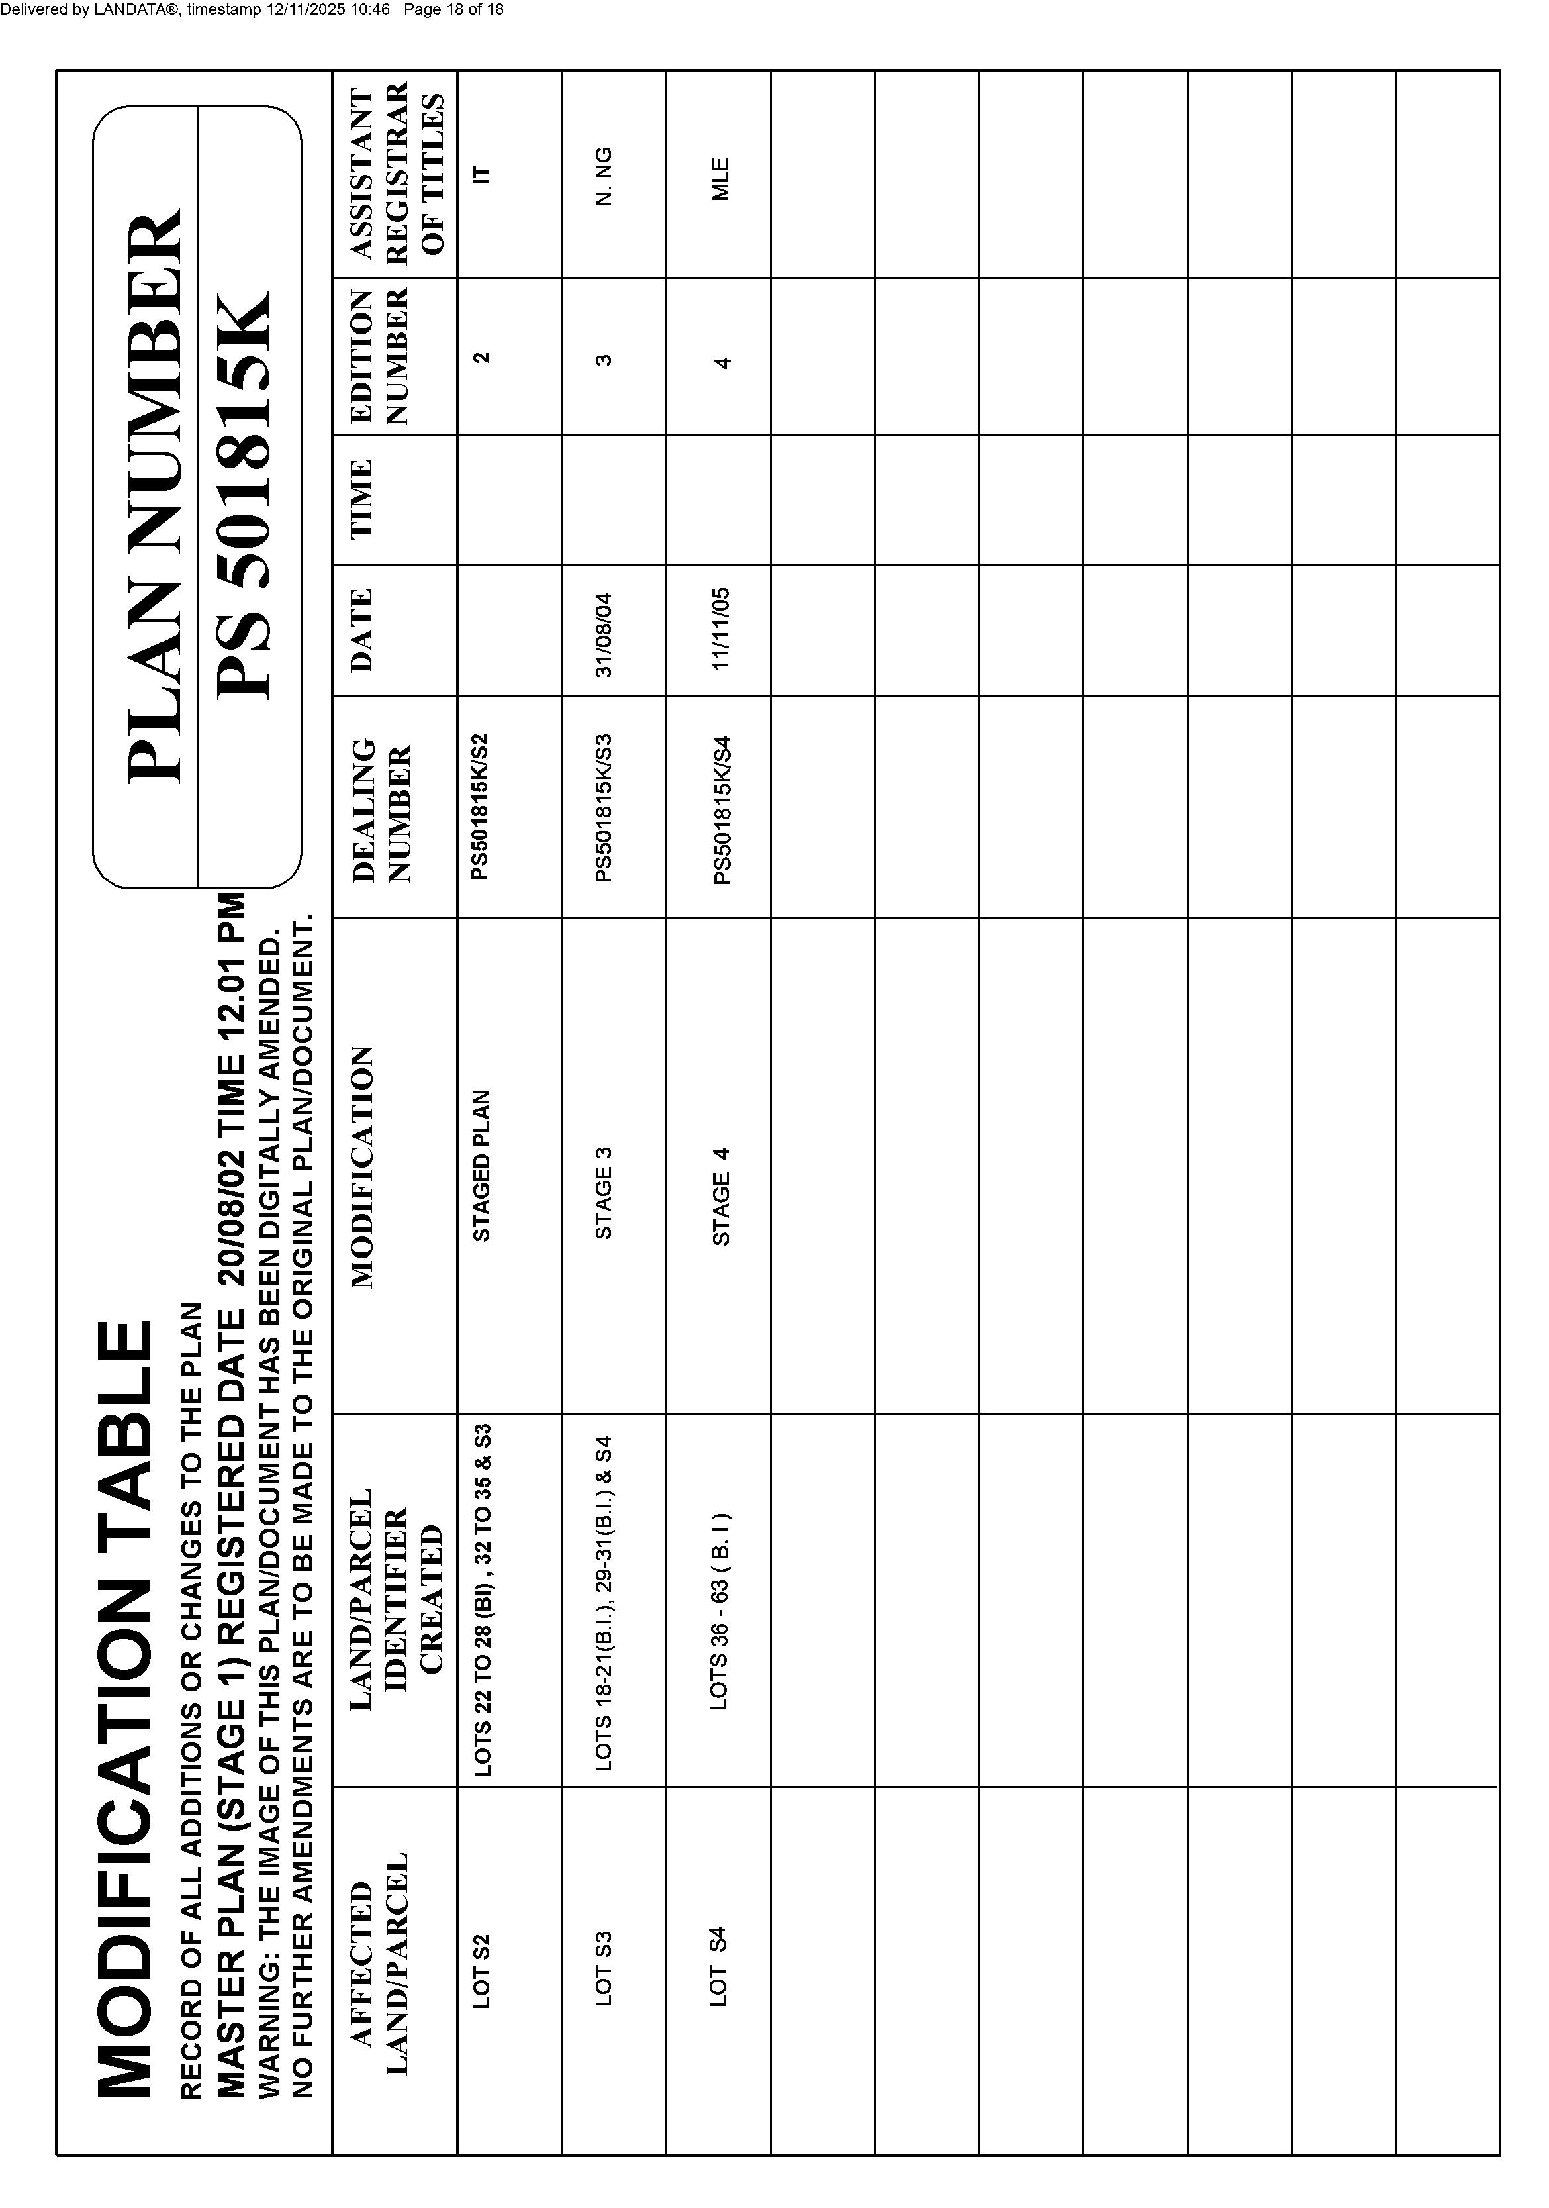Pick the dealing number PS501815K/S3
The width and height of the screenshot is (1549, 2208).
pyautogui.click(x=604, y=809)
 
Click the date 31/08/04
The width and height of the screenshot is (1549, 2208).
pyautogui.click(x=604, y=634)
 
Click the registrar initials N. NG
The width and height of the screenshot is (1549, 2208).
pyautogui.click(x=604, y=176)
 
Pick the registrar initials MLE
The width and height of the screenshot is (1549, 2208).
pyautogui.click(x=721, y=178)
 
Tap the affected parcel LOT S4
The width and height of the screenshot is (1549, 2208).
pyautogui.click(x=718, y=1966)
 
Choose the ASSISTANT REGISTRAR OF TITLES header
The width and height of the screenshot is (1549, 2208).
pyautogui.click(x=397, y=173)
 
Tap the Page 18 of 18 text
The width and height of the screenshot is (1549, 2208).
pyautogui.click(x=454, y=10)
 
